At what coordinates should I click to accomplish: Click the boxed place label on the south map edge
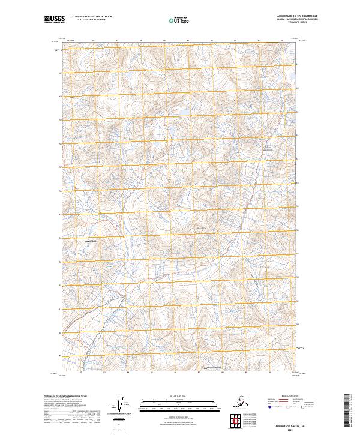tap(214, 368)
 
